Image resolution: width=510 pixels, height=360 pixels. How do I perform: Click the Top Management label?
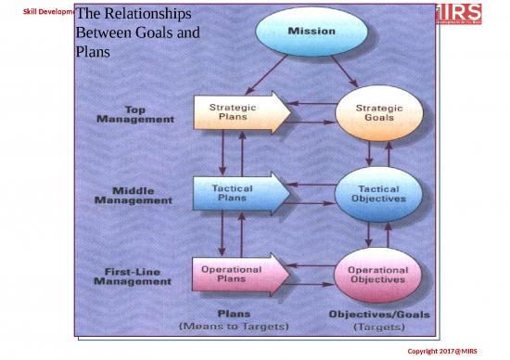(136, 114)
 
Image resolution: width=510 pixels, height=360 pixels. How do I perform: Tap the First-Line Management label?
(132, 276)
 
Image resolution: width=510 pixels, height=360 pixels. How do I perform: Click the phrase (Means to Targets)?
(234, 327)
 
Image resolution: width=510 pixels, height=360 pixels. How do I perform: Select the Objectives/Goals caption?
(379, 315)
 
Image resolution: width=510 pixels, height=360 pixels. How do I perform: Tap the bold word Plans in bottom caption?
(233, 315)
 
